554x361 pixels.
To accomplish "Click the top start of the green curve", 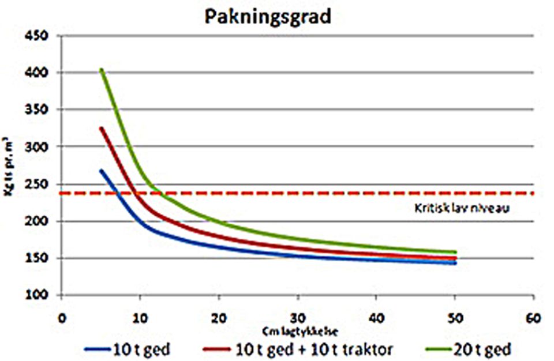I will [102, 70].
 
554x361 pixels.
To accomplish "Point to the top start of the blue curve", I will [101, 171].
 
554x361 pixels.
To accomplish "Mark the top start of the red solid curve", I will [102, 129].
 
